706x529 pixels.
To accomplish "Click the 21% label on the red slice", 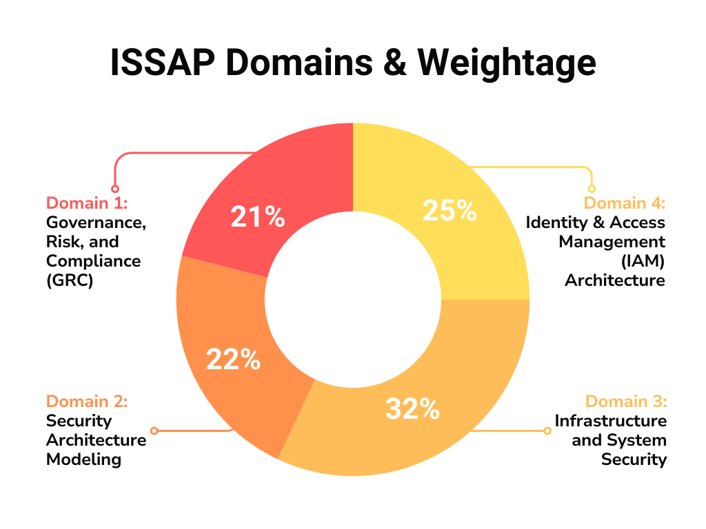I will (x=258, y=218).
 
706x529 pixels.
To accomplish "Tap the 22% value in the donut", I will (x=234, y=359).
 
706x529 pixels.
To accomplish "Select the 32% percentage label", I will (x=412, y=408).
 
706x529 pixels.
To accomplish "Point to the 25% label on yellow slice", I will (x=450, y=211).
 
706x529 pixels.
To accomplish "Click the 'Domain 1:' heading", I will (x=88, y=203).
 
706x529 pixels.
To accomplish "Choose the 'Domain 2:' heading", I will (x=87, y=402).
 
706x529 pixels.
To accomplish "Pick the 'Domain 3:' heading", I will (x=626, y=402).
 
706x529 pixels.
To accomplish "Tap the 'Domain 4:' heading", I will (x=625, y=203).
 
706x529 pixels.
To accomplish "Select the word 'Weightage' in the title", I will (x=507, y=63).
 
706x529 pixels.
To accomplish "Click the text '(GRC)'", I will (x=70, y=280).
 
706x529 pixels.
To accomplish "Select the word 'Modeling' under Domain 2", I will (x=83, y=459).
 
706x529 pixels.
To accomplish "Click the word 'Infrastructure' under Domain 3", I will (x=611, y=421).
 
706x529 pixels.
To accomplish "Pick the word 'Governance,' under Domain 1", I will (x=97, y=222).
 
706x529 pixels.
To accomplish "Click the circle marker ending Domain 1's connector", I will (x=115, y=189).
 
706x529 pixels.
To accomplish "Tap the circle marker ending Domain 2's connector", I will (x=154, y=431).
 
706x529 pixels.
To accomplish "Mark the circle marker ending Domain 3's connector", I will (x=548, y=431).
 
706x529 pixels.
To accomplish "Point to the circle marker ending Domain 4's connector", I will (x=591, y=189).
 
